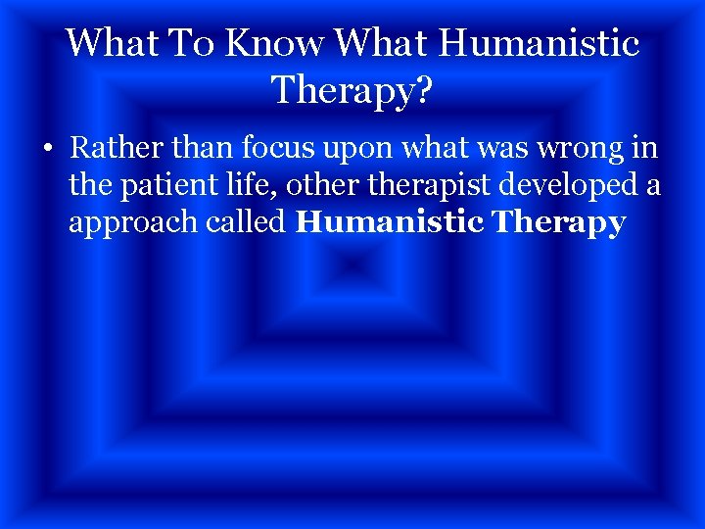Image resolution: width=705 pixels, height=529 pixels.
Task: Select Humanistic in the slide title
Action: [540, 43]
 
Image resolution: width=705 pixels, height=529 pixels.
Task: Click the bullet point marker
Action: [47, 152]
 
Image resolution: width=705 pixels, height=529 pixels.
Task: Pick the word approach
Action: [131, 223]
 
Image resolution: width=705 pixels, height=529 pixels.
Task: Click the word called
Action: [245, 222]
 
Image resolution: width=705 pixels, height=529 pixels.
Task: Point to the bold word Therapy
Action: [559, 223]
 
